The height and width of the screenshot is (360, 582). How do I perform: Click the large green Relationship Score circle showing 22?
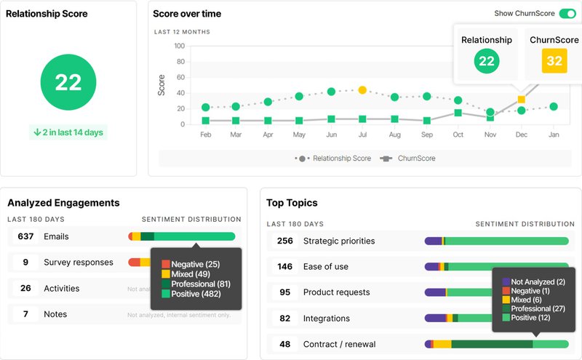[68, 81]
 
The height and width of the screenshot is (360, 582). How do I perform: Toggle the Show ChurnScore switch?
[567, 14]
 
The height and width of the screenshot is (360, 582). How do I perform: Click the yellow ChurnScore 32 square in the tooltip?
[554, 61]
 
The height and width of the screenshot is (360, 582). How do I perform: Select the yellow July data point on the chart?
[362, 90]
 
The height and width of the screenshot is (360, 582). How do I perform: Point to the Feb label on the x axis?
[205, 135]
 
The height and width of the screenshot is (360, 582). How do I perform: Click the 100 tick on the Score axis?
[179, 46]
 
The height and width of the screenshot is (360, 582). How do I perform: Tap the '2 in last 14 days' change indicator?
[68, 132]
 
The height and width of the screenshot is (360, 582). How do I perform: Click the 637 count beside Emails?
[25, 236]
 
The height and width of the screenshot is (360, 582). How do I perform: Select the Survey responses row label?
[78, 262]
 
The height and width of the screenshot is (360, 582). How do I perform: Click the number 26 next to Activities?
[25, 288]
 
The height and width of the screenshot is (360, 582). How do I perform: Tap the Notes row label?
[55, 314]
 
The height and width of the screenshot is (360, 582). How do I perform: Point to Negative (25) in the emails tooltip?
[196, 264]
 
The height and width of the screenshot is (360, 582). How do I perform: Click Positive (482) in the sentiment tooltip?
[196, 294]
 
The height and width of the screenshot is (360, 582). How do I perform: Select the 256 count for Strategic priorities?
[284, 241]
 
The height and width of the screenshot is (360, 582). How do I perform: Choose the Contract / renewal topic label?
[339, 344]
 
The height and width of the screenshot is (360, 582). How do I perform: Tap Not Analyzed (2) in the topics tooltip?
[538, 281]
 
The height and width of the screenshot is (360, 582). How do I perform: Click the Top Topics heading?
[292, 203]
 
